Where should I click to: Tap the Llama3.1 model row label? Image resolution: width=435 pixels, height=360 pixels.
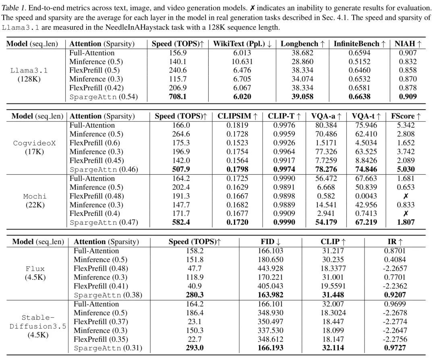[27, 70]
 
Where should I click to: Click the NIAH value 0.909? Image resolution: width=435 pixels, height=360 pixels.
[408, 97]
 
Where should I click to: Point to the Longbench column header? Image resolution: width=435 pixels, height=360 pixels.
[302, 44]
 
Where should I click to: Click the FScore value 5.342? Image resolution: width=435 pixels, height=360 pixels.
[406, 125]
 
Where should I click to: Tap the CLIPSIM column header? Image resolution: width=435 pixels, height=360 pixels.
[238, 116]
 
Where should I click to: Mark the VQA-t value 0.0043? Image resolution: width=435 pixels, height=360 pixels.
[366, 196]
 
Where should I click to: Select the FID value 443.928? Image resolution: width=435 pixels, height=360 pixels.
[270, 269]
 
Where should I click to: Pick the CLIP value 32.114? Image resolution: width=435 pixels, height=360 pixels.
[333, 348]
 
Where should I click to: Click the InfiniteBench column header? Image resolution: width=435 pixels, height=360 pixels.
[360, 44]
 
